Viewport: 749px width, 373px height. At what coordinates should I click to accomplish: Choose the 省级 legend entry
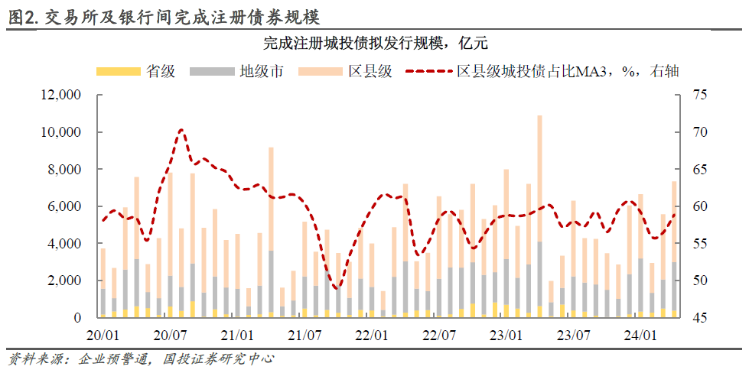(136, 72)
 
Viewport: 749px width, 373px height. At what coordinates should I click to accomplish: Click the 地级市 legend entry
(236, 72)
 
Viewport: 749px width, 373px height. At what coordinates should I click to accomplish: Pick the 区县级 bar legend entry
(345, 72)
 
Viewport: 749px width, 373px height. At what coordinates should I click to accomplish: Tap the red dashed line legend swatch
(428, 72)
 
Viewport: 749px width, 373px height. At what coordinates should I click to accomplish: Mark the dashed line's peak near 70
(181, 129)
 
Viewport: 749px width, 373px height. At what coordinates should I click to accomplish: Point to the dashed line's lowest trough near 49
(337, 287)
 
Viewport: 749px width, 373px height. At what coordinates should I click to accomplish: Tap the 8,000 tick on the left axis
(67, 170)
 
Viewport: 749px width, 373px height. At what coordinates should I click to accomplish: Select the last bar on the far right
(675, 249)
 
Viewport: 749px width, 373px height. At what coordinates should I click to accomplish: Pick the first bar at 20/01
(103, 283)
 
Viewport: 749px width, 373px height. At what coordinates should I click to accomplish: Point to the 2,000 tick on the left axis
(67, 281)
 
